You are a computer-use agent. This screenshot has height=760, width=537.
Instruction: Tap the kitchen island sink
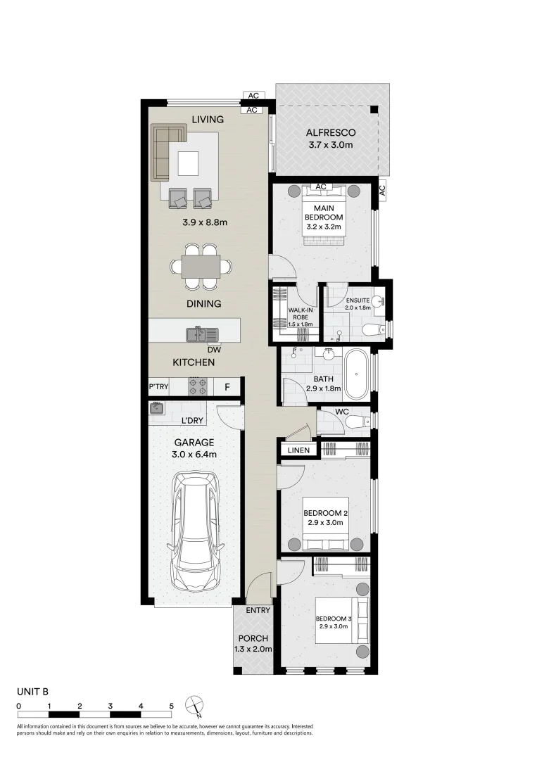pyautogui.click(x=203, y=334)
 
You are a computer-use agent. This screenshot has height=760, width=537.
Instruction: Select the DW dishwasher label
pyautogui.click(x=214, y=350)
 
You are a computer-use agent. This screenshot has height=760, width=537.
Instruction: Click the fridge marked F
pyautogui.click(x=227, y=387)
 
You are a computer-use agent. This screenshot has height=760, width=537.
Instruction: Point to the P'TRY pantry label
pyautogui.click(x=158, y=387)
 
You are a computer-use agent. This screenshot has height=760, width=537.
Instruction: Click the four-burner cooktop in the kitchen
pyautogui.click(x=198, y=386)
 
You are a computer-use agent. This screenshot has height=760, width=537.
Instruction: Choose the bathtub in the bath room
pyautogui.click(x=357, y=374)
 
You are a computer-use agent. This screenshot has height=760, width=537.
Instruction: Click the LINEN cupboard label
pyautogui.click(x=298, y=450)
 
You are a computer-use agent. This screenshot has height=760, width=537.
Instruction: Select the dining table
pyautogui.click(x=201, y=267)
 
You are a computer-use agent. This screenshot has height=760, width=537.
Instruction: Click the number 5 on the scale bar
pyautogui.click(x=171, y=707)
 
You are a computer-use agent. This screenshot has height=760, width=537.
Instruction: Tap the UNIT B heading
pyautogui.click(x=33, y=692)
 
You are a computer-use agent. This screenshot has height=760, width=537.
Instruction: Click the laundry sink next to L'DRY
pyautogui.click(x=157, y=407)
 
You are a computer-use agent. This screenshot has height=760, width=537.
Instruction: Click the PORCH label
pyautogui.click(x=253, y=639)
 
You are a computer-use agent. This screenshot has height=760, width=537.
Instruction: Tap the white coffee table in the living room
pyautogui.click(x=188, y=163)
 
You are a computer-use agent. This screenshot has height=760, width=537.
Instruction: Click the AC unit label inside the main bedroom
pyautogui.click(x=320, y=186)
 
